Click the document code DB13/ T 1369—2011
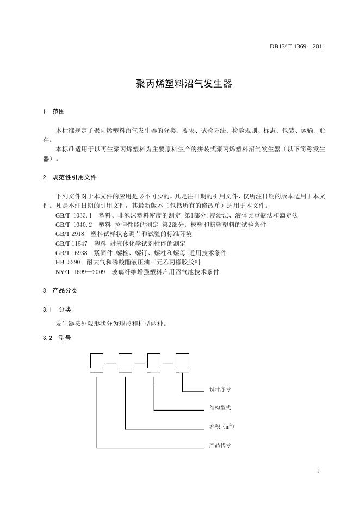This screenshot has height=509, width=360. tap(297, 46)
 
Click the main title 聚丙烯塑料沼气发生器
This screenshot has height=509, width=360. tap(183, 84)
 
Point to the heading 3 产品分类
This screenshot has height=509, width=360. tap(60, 291)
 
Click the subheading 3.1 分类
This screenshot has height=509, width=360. tap(57, 309)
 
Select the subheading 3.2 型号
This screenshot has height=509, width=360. tap(57, 338)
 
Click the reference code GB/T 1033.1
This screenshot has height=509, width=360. tap(74, 215)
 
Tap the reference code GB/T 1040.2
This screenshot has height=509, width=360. tap(74, 225)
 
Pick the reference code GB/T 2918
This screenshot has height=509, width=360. tap(70, 234)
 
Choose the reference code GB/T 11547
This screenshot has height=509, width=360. tap(71, 244)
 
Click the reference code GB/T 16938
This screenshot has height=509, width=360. tap(71, 253)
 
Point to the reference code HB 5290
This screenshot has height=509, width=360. tap(68, 262)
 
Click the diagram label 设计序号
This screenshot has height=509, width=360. tap(220, 389)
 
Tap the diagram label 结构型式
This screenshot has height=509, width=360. tap(220, 408)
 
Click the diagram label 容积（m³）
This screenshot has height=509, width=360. tap(222, 426)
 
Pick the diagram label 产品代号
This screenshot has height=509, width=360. tap(220, 445)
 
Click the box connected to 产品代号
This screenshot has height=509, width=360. tap(97, 361)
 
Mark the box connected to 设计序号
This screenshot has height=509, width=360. tap(182, 361)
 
